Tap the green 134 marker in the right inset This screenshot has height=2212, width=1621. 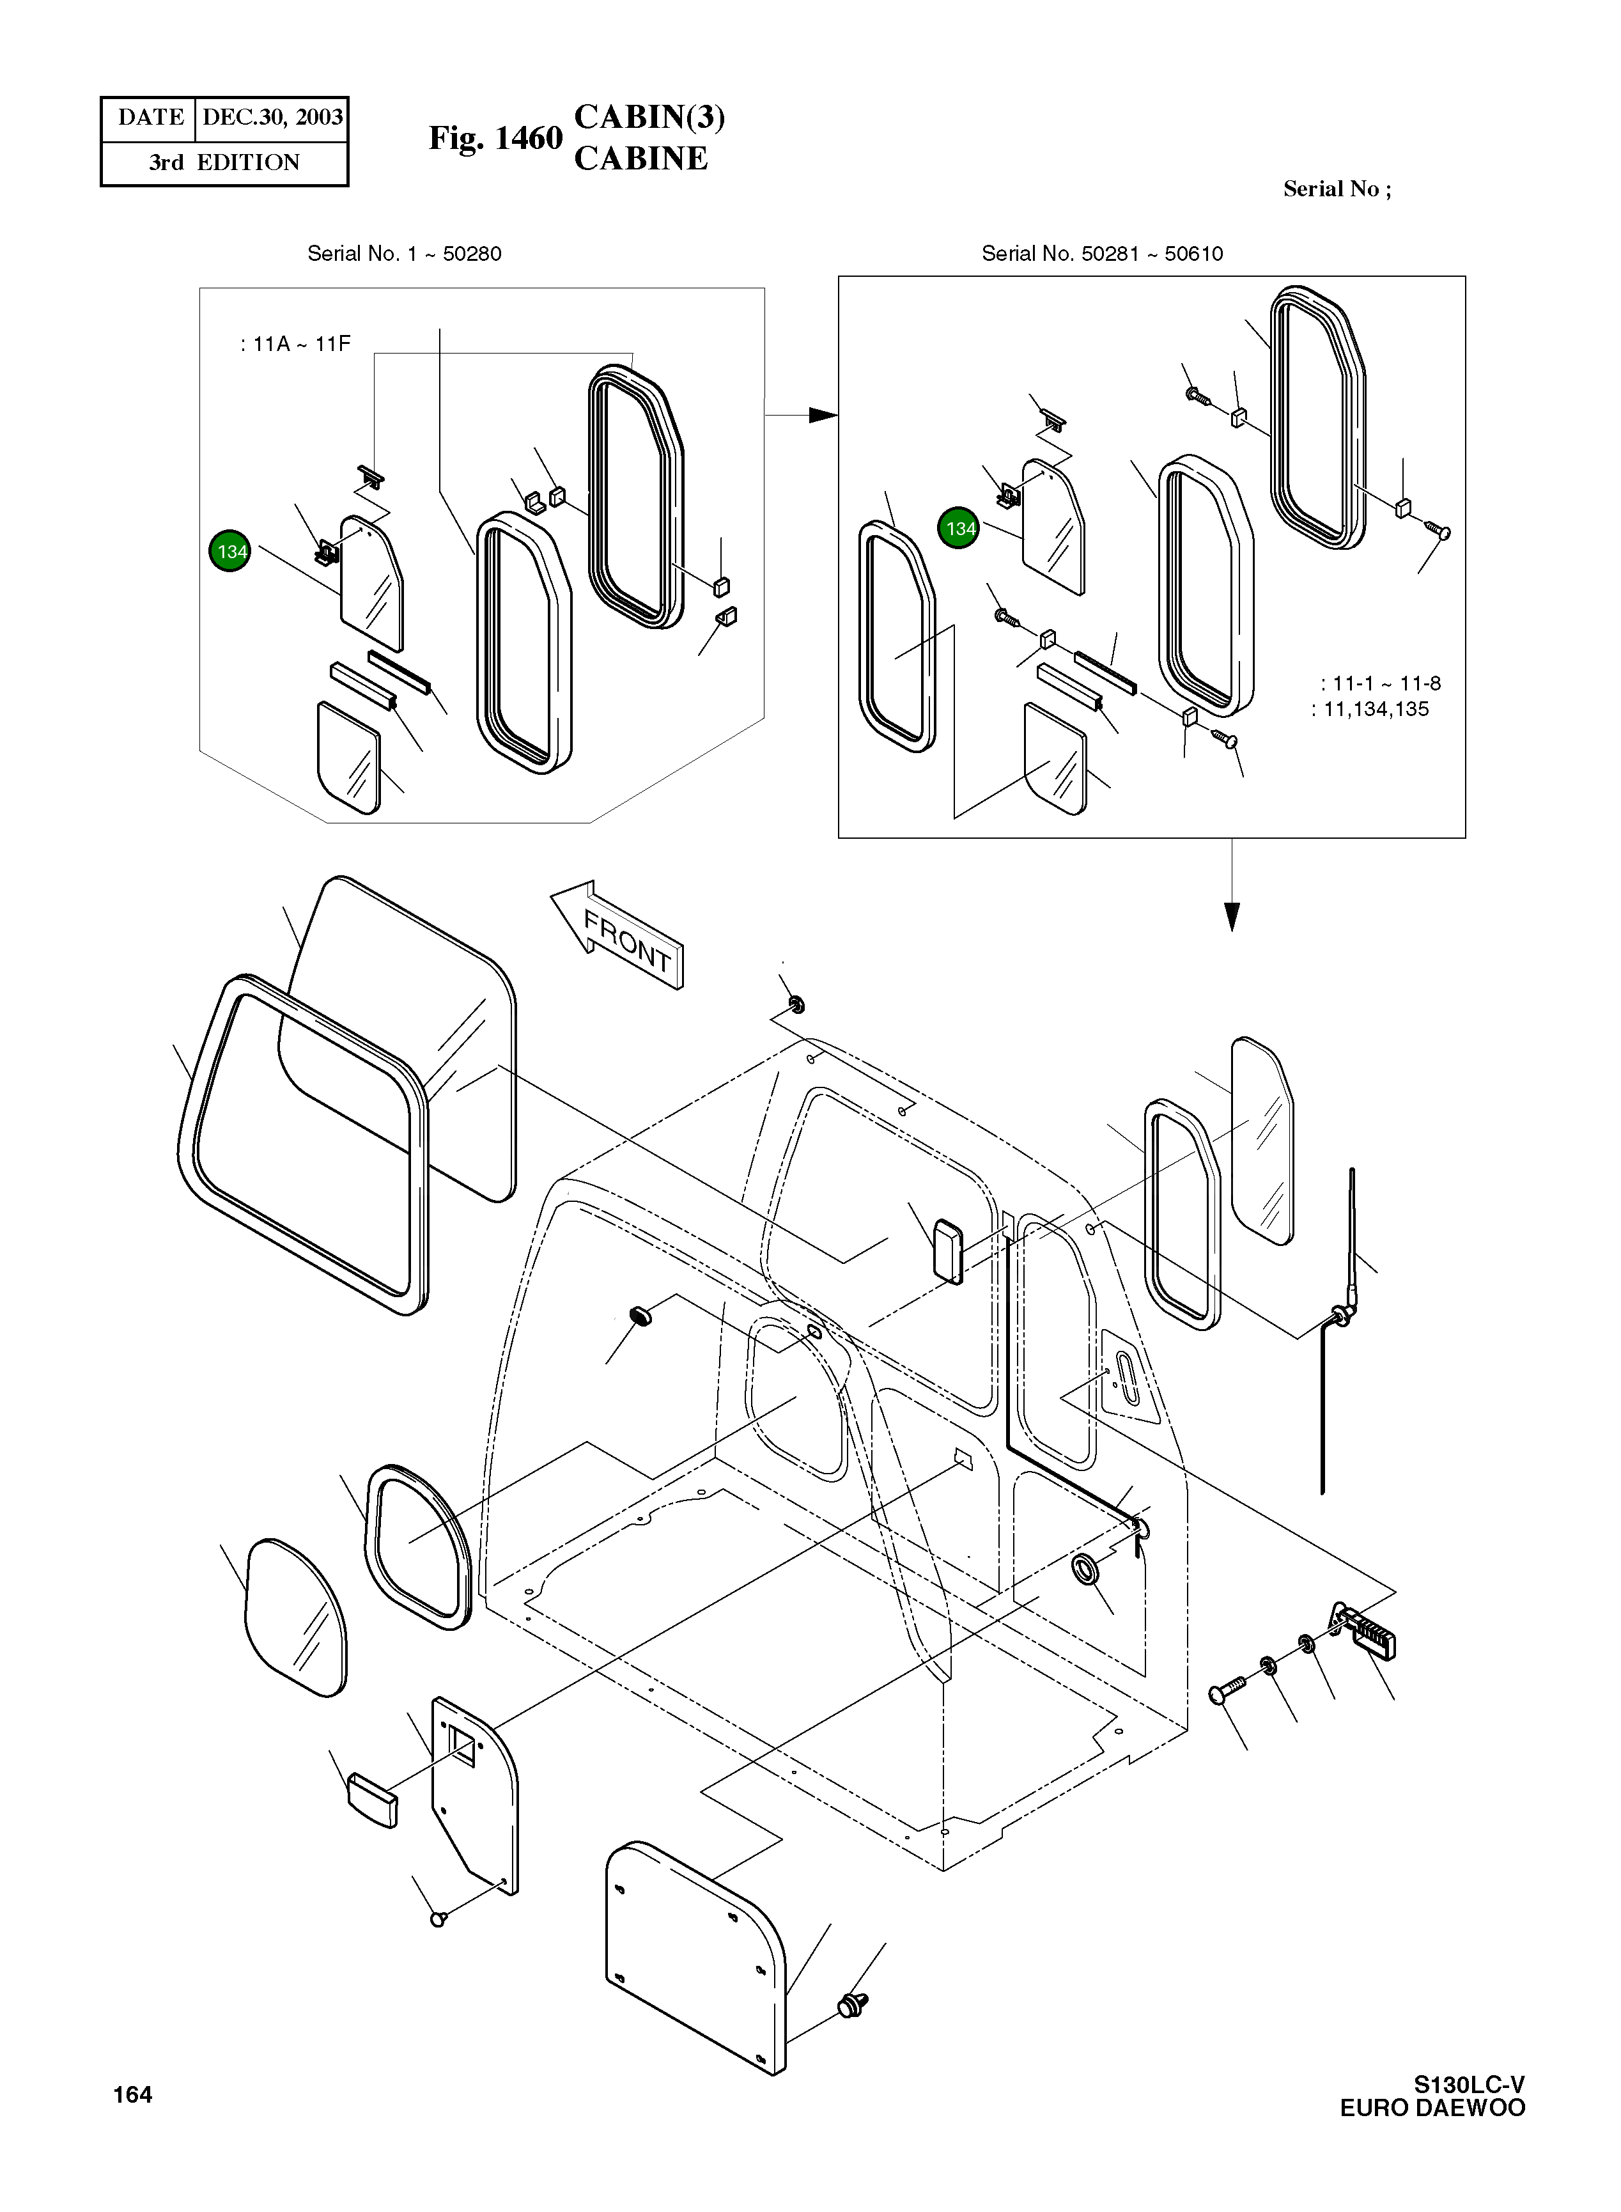point(959,528)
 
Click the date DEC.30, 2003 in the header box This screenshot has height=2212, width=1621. point(272,118)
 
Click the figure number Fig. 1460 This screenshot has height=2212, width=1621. point(495,138)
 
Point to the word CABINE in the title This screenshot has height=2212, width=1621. point(640,159)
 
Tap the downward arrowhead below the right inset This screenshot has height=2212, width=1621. point(1232,915)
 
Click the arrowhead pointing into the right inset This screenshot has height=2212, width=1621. point(822,415)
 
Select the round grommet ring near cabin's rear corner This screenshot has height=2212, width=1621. point(1085,1567)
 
